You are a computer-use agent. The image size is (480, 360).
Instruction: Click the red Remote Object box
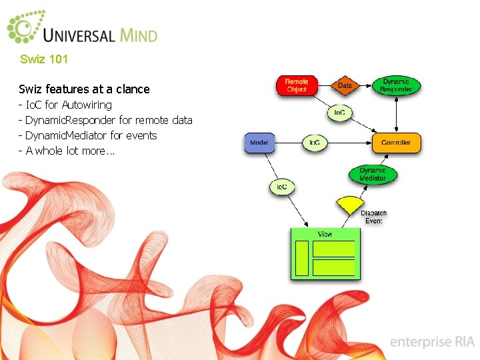pos(297,86)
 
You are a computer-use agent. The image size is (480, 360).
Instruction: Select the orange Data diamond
pos(345,85)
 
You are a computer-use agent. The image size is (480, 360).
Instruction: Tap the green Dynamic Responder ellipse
pos(396,85)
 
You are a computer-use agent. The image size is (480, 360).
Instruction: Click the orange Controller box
pos(396,143)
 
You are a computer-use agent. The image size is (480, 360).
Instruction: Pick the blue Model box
pos(259,143)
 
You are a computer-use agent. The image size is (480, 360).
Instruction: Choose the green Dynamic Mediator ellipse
pos(373,175)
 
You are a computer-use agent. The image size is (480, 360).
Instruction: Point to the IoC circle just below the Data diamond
pos(339,113)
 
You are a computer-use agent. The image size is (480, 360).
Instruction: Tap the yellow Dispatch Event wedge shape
pos(350,204)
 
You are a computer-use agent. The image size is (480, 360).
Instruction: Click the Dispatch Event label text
pos(373,217)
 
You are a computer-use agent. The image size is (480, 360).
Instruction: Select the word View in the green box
pos(325,235)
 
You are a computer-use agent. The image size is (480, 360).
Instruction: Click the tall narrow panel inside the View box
pos(302,257)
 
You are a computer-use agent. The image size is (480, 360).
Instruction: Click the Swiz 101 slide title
pos(44,59)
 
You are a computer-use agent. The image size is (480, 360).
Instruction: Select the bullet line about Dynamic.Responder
pos(106,120)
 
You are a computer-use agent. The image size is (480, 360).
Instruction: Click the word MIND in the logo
pos(139,34)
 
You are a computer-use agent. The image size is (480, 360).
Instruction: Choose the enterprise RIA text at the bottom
pos(431,342)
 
